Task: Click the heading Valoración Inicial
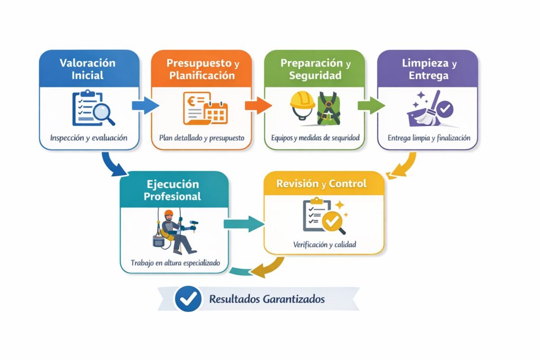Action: click(x=88, y=69)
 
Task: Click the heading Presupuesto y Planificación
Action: click(x=202, y=69)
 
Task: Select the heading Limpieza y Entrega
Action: click(x=428, y=69)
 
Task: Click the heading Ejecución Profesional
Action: click(x=173, y=190)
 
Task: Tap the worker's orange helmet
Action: click(x=168, y=213)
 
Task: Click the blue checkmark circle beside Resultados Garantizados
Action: click(x=188, y=299)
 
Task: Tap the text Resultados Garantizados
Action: click(x=267, y=299)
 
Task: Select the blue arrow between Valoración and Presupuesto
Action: click(x=144, y=105)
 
